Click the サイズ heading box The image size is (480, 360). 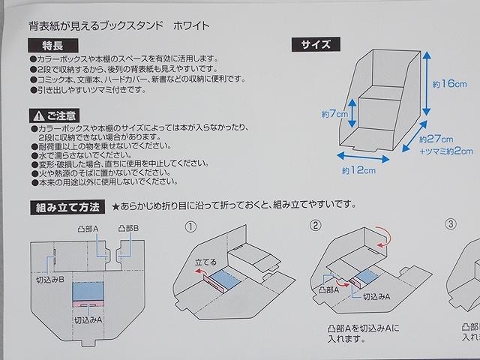tap(315, 44)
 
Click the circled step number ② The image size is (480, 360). tap(316, 223)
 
